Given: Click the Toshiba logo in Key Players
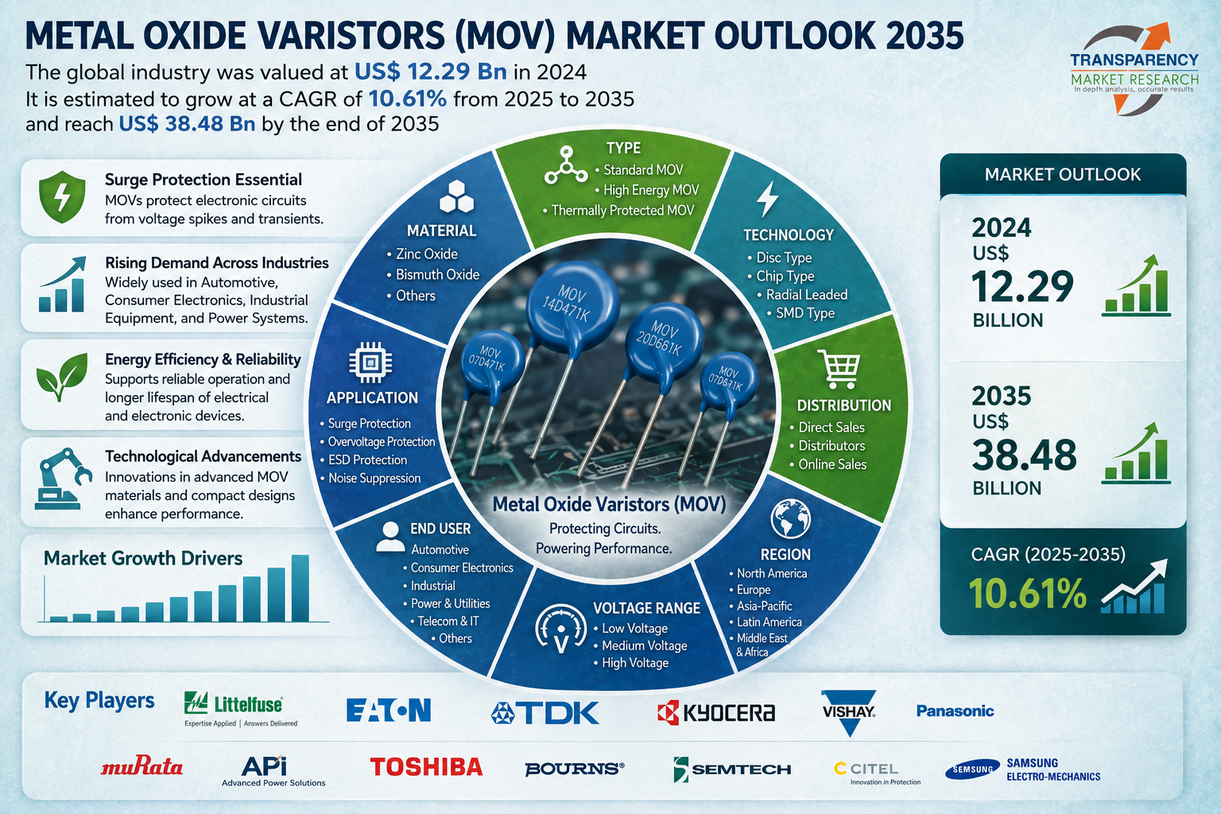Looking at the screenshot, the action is pyautogui.click(x=426, y=766).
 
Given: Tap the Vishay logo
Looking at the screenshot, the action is pyautogui.click(x=849, y=712).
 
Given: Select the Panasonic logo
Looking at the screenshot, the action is pyautogui.click(x=955, y=711).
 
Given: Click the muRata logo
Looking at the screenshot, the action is pyautogui.click(x=141, y=766).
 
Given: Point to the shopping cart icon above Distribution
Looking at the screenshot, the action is pyautogui.click(x=839, y=369).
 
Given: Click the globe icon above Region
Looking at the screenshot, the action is pyautogui.click(x=790, y=518).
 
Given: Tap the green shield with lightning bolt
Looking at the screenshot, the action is pyautogui.click(x=62, y=197).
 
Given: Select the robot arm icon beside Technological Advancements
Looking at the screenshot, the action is pyautogui.click(x=62, y=479).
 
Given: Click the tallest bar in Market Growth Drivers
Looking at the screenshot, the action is pyautogui.click(x=300, y=588).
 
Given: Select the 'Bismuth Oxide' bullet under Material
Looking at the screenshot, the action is pyautogui.click(x=433, y=274).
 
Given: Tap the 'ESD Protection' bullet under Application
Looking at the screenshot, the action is pyautogui.click(x=363, y=459).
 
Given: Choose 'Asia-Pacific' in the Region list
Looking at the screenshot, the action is pyautogui.click(x=761, y=606).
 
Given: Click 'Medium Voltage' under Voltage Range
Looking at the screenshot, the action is pyautogui.click(x=641, y=645).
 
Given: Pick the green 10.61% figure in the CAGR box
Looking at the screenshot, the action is pyautogui.click(x=1028, y=593).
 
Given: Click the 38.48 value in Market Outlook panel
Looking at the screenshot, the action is pyautogui.click(x=1024, y=455).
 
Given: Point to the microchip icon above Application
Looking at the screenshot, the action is pyautogui.click(x=370, y=362).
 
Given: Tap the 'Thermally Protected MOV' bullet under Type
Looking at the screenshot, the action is pyautogui.click(x=618, y=211).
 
